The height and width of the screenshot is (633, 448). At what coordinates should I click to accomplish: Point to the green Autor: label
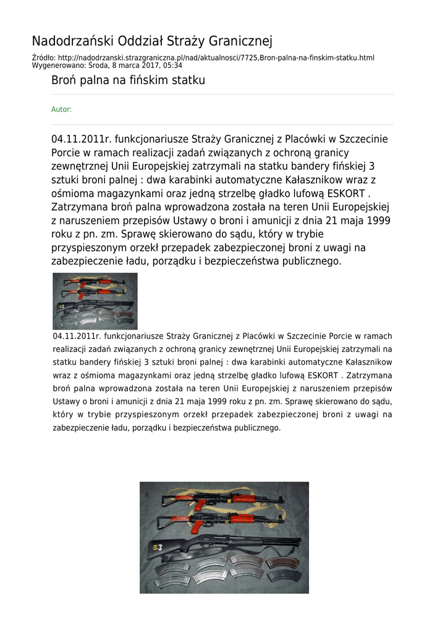click(x=61, y=109)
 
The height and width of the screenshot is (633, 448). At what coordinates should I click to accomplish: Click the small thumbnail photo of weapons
click(x=95, y=301)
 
